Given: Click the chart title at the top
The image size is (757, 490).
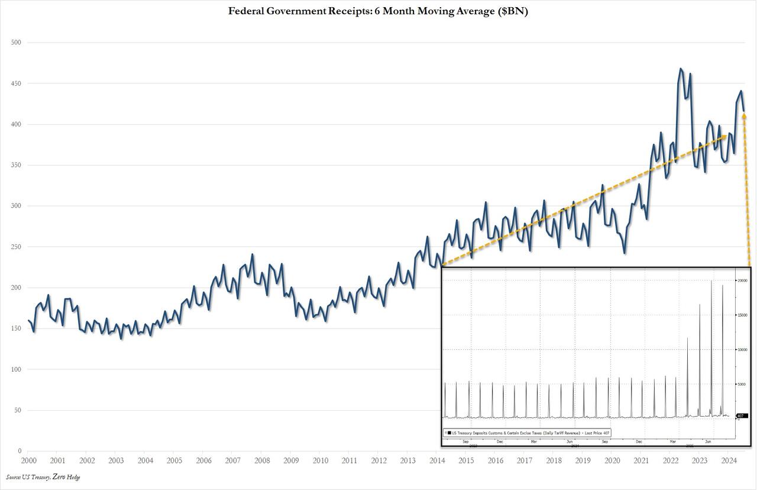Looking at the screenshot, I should point(378,11).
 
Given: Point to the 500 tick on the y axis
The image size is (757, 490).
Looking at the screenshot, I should point(15,43).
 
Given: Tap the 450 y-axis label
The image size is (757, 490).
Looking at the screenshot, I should point(15,83).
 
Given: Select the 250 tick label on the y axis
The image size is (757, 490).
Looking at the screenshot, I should point(15,247).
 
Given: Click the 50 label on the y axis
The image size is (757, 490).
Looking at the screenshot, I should point(17,410).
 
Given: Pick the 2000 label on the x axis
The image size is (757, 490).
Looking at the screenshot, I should point(28,460).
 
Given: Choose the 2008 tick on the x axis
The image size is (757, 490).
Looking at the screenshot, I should point(262,460).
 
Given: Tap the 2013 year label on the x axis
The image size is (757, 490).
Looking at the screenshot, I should point(408,460).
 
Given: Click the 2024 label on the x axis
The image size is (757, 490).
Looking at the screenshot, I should point(729,460).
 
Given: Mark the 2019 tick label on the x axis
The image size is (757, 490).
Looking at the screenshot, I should point(583,460).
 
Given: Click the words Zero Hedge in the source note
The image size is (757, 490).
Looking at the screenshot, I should point(66,477).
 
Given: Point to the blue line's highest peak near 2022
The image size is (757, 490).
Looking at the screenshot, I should point(681,69).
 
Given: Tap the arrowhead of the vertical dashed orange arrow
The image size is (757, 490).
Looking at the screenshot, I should point(744,116).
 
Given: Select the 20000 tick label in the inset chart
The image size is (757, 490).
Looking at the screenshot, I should point(742,280).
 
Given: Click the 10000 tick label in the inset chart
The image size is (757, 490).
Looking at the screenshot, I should point(742,349).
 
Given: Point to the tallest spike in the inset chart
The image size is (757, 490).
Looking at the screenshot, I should point(711,281).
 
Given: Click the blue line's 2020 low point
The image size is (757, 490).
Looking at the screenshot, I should point(625,253).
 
